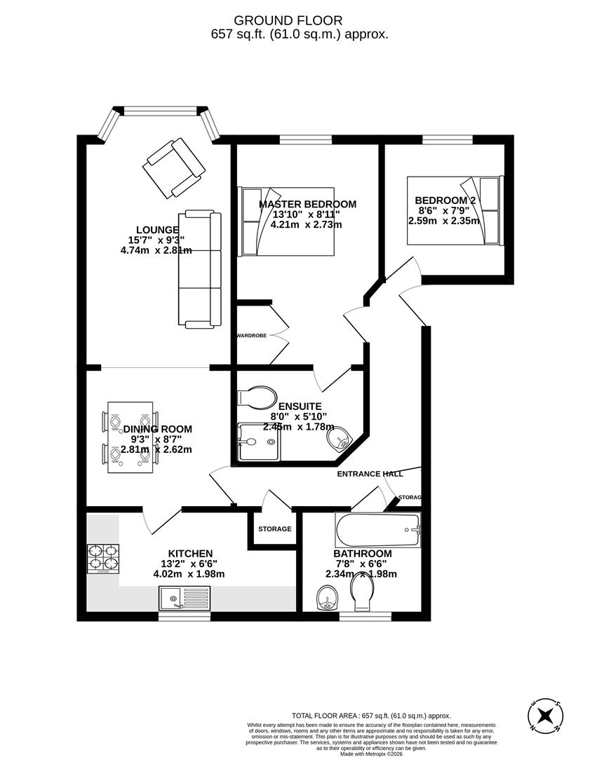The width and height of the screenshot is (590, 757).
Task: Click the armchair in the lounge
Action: pyautogui.click(x=173, y=168)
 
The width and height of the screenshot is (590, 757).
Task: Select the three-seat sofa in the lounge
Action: pyautogui.click(x=200, y=269)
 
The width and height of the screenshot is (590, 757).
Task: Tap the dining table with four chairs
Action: pyautogui.click(x=130, y=437)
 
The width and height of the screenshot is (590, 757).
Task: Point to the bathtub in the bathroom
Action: pyautogui.click(x=378, y=530)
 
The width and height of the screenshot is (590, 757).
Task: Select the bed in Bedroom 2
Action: pyautogui.click(x=454, y=210)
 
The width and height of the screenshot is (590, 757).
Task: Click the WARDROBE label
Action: pyautogui.click(x=250, y=336)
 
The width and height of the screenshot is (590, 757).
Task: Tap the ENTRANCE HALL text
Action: pyautogui.click(x=370, y=474)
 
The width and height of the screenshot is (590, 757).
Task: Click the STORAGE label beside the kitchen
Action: pyautogui.click(x=274, y=528)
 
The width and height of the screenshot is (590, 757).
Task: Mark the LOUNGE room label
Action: pyautogui.click(x=157, y=230)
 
